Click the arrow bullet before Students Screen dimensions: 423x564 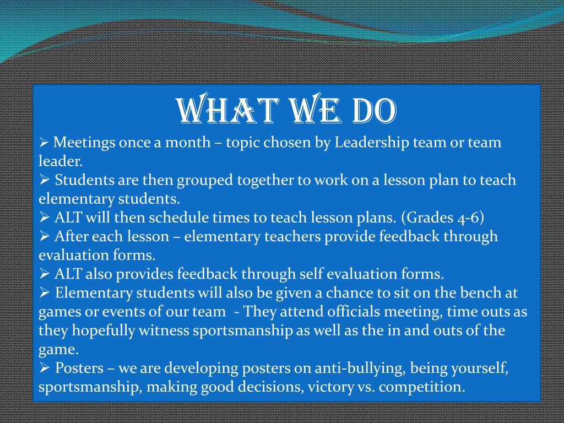point(45,180)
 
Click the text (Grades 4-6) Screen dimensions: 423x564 point(442,218)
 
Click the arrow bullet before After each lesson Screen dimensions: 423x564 point(45,236)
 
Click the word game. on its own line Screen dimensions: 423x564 point(58,349)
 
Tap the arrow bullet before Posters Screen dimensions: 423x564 point(45,367)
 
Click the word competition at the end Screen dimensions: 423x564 point(422,387)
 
